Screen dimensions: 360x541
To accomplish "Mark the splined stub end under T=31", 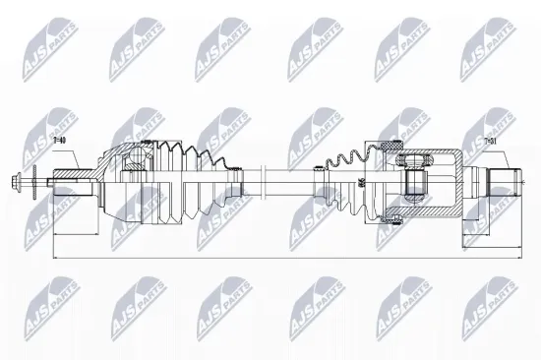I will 506,182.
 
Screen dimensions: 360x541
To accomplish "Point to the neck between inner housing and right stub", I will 478,182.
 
